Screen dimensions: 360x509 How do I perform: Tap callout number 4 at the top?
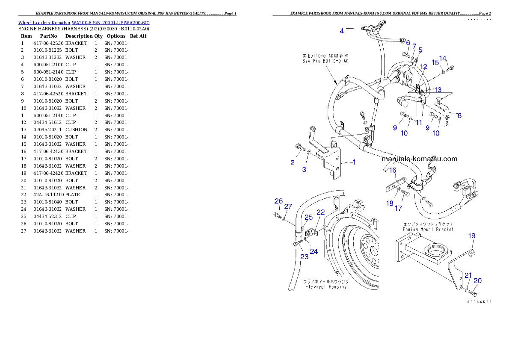[342, 31]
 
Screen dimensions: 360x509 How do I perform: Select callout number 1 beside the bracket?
[354, 162]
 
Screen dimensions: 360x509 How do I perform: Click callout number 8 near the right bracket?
[459, 115]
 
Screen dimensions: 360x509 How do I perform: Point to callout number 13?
[438, 90]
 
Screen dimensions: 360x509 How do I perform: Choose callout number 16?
[393, 170]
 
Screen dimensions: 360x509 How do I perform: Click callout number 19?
[471, 236]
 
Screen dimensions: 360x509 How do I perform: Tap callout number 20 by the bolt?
[477, 281]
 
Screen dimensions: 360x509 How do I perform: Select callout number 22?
[320, 212]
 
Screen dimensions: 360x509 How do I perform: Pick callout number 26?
[278, 201]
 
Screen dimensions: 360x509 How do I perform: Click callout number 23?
[304, 257]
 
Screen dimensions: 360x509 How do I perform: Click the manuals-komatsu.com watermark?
[419, 159]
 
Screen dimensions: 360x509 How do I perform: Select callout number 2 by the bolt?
[293, 162]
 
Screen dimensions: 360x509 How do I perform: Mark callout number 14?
[443, 58]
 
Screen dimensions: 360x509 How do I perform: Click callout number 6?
[408, 43]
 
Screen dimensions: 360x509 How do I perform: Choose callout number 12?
[423, 67]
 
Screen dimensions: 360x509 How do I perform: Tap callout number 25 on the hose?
[308, 218]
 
